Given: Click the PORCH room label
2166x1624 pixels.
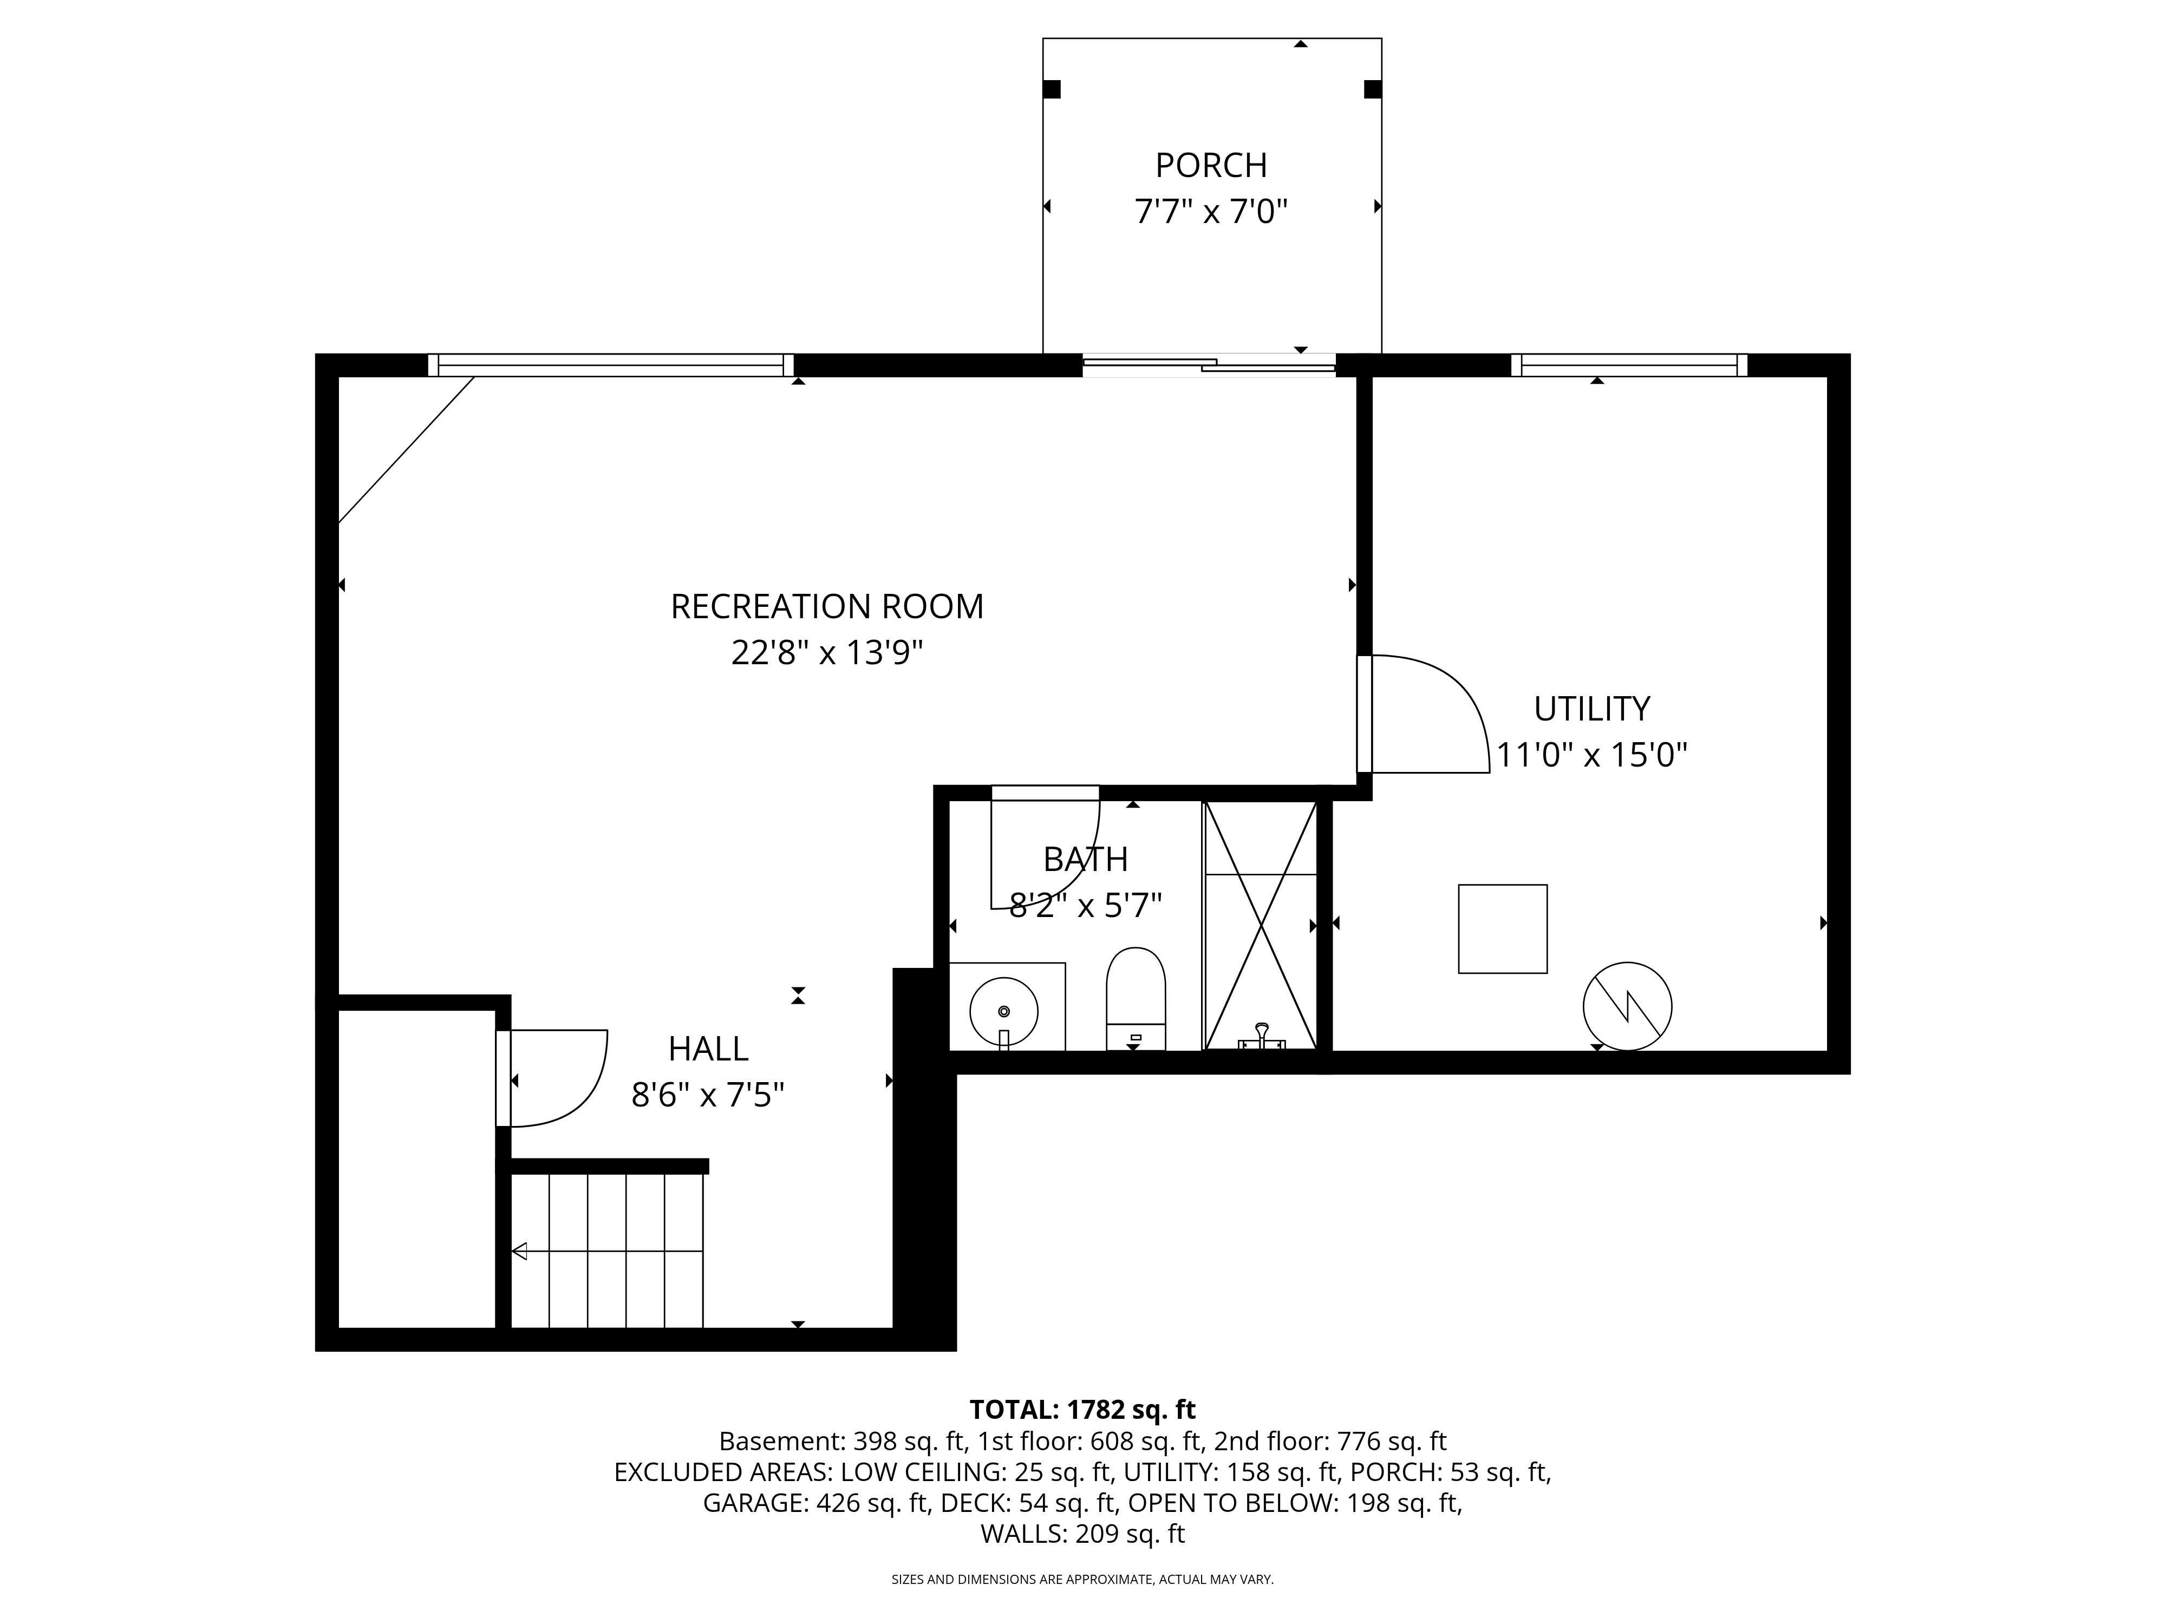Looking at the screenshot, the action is [x=1211, y=166].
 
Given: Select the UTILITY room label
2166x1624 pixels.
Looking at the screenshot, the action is [x=1592, y=709].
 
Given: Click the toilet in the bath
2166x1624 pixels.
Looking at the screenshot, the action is [x=1136, y=998].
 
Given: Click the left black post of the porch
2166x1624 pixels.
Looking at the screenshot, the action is [x=1052, y=89].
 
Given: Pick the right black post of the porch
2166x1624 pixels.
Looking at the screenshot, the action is [x=1373, y=89].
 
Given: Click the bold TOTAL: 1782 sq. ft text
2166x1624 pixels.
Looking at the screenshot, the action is [x=1082, y=1410].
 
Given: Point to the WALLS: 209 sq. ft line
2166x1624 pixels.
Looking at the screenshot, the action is [x=1082, y=1534].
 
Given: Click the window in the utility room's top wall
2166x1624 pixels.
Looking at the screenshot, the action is [x=1629, y=365].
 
